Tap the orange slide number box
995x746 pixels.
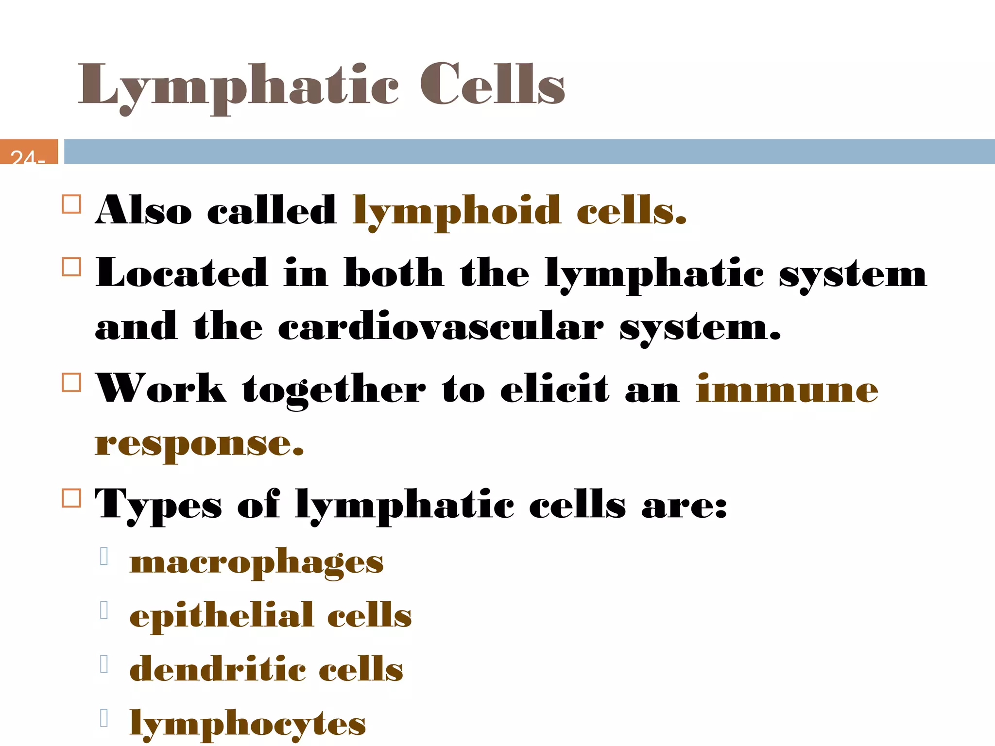pos(29,152)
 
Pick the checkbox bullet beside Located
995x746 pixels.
pos(71,267)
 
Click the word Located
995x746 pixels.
pos(181,273)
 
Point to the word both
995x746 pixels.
pos(394,273)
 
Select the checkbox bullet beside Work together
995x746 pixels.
pos(71,382)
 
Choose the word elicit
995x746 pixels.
pos(554,389)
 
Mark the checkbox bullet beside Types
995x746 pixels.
pos(71,498)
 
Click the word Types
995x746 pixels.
pos(158,505)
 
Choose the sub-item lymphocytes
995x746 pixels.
pos(248,724)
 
